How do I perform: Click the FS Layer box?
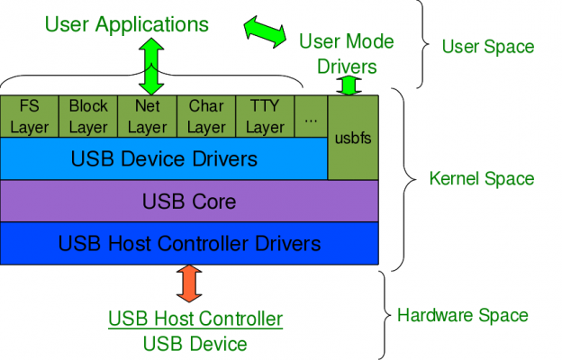(x=30, y=116)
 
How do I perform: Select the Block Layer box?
(x=88, y=116)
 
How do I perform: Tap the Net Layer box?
(x=148, y=116)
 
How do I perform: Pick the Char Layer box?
(x=206, y=116)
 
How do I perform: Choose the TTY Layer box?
(x=265, y=116)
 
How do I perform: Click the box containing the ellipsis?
(x=311, y=116)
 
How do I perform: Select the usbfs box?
(x=353, y=138)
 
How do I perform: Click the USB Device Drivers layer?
(x=164, y=158)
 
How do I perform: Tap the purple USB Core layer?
(x=189, y=201)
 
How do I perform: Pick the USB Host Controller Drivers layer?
(x=189, y=243)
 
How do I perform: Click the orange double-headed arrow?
(x=189, y=283)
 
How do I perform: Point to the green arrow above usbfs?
(x=349, y=86)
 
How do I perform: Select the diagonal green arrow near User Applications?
(x=265, y=31)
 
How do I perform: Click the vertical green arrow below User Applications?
(x=151, y=67)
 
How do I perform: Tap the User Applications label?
(x=127, y=24)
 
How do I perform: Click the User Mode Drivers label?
(x=347, y=54)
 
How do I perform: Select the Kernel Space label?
(x=482, y=179)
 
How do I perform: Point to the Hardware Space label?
(x=463, y=316)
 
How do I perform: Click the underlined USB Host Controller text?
(x=195, y=319)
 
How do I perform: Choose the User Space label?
(x=488, y=47)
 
